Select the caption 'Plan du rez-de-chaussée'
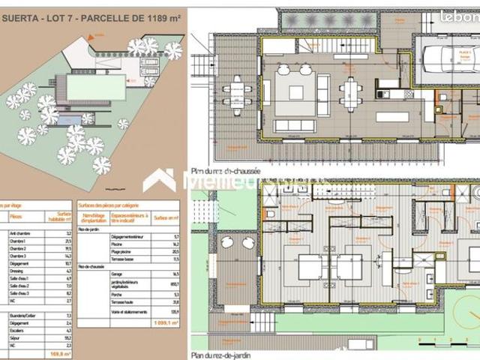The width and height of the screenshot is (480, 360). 226,171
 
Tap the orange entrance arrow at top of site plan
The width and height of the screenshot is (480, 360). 94,37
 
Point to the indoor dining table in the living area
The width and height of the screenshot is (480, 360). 350,94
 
